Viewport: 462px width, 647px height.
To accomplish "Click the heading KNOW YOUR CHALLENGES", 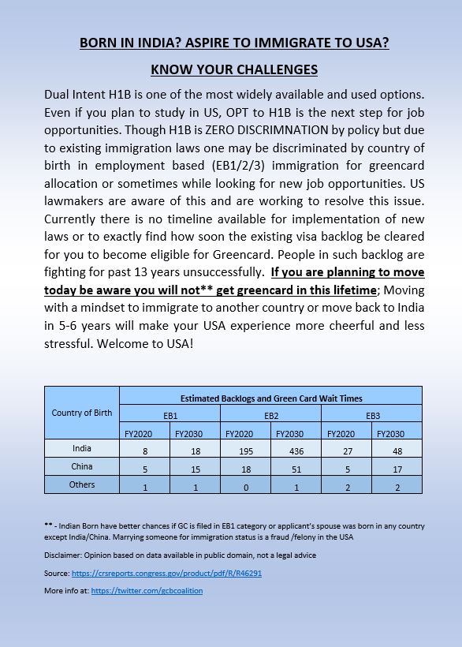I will coord(234,69).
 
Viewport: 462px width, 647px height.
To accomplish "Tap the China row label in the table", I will coord(82,466).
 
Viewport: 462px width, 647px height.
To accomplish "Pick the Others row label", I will coord(82,484).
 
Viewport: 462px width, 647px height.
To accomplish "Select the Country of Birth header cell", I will coord(82,413).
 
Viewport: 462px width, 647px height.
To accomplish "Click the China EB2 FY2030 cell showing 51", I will coord(295,468).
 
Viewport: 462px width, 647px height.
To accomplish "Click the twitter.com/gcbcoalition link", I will coord(147,590).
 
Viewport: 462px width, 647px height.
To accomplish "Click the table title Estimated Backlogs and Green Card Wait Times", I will coord(270,398).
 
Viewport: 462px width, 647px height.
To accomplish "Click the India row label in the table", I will coord(82,448).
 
